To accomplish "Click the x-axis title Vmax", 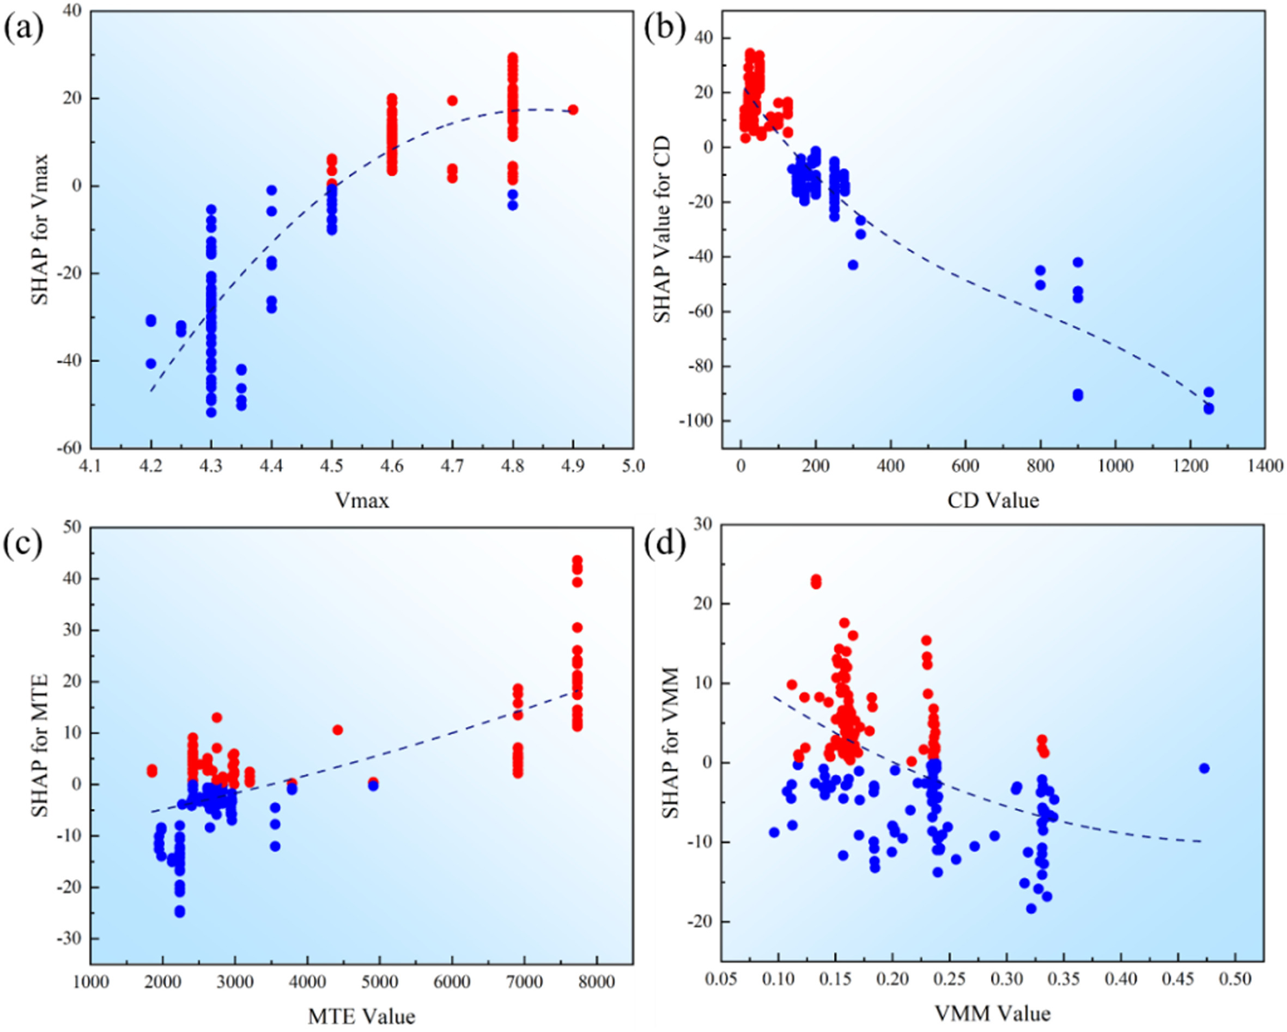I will [362, 500].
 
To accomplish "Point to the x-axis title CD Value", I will [993, 500].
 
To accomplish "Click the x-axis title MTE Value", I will [362, 1015].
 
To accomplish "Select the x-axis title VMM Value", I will [993, 1013].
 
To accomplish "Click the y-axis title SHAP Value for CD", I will [663, 230].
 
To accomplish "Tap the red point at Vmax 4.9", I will [573, 110].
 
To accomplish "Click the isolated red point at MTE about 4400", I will [338, 730].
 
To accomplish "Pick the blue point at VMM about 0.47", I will [1204, 768].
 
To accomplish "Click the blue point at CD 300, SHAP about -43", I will [853, 265].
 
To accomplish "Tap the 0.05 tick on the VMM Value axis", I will [720, 980].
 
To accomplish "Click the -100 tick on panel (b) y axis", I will [699, 421].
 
